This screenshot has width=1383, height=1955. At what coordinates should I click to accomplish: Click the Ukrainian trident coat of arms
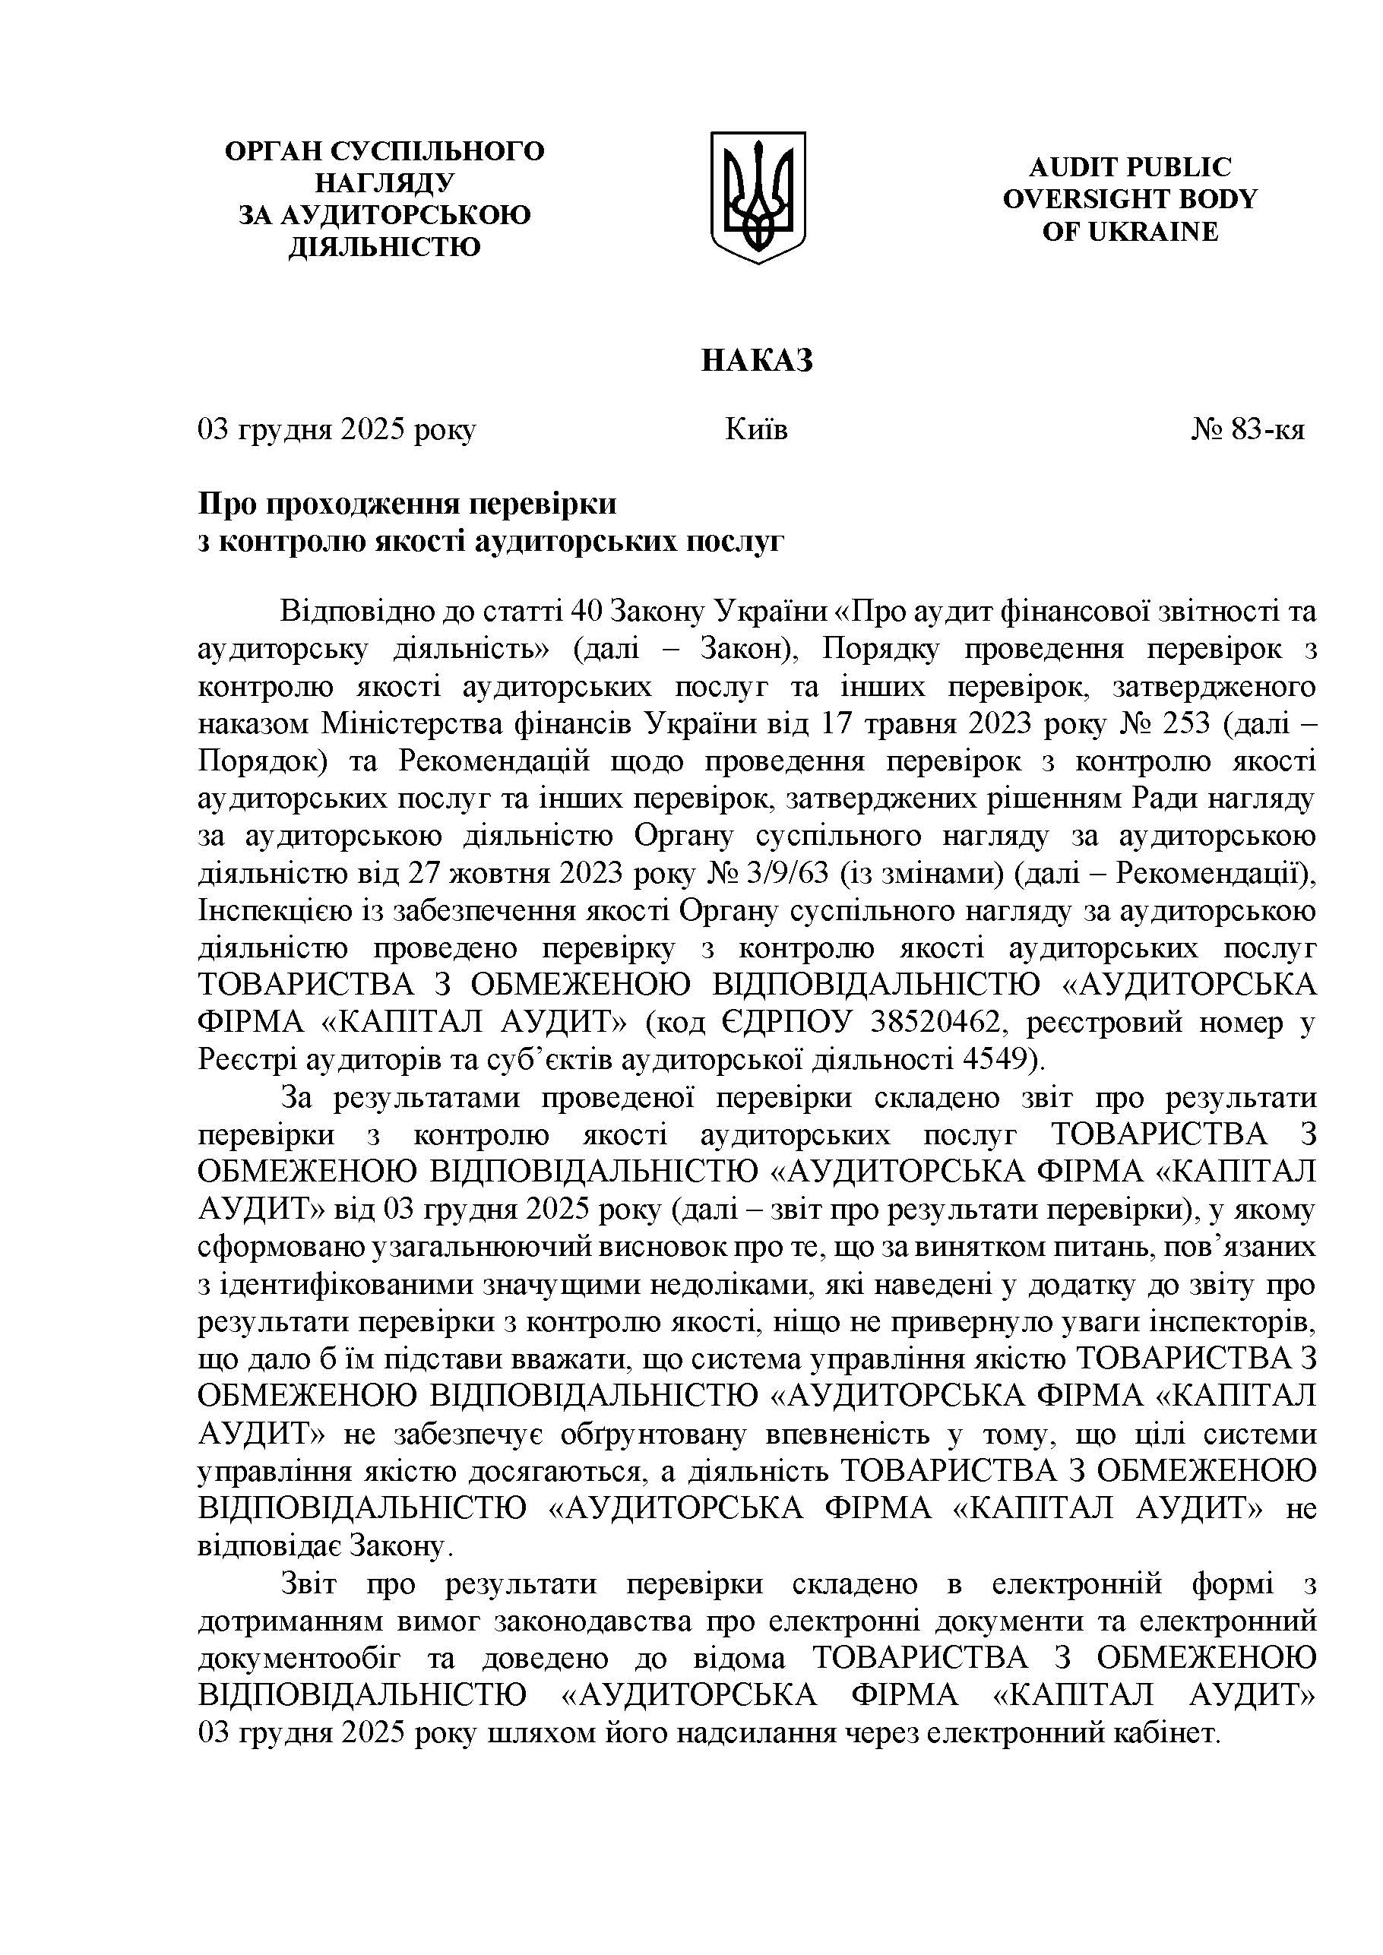pyautogui.click(x=758, y=197)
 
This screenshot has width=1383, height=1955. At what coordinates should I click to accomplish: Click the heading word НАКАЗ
pyautogui.click(x=757, y=361)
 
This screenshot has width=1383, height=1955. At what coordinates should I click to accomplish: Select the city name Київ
pyautogui.click(x=756, y=430)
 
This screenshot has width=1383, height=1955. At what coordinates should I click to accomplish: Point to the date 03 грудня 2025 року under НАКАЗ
pyautogui.click(x=337, y=430)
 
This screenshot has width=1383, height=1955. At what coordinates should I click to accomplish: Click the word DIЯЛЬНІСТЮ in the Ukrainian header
pyautogui.click(x=385, y=247)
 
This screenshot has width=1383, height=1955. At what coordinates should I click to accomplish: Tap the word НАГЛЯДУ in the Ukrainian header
pyautogui.click(x=385, y=183)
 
